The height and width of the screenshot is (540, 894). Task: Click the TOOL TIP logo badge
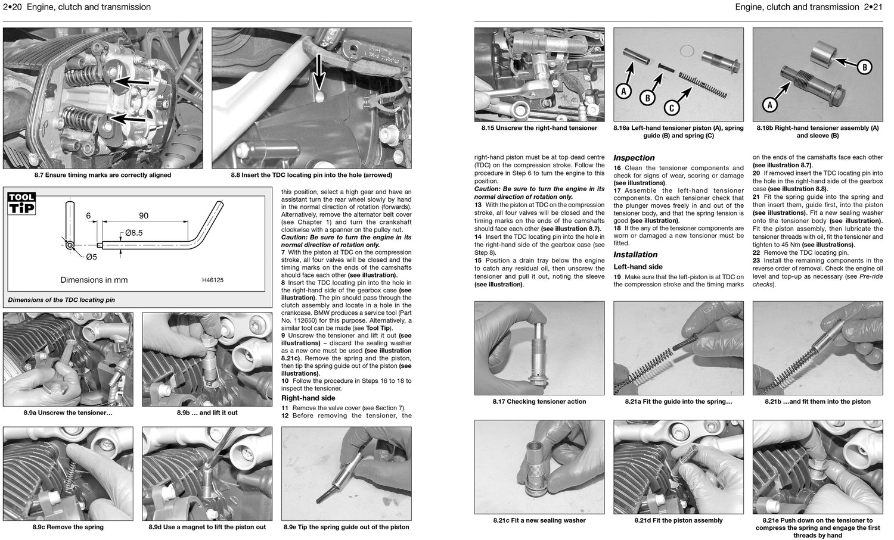click(22, 203)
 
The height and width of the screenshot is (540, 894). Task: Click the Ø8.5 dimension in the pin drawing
click(134, 233)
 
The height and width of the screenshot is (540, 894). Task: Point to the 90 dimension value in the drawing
click(144, 216)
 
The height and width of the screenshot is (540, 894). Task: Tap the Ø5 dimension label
click(90, 257)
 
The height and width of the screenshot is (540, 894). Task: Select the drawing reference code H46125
click(209, 280)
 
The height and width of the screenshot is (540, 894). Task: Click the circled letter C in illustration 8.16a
click(672, 107)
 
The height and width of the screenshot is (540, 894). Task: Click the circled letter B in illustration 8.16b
click(864, 67)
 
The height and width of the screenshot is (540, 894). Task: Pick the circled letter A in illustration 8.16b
click(769, 105)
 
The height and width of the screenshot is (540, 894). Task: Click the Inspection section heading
click(634, 158)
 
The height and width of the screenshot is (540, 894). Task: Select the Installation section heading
click(635, 255)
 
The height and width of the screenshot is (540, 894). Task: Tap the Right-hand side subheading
click(308, 398)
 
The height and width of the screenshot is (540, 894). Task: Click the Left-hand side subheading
click(638, 267)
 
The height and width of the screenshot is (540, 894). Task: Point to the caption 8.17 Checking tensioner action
click(539, 401)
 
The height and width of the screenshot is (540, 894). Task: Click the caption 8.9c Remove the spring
click(69, 527)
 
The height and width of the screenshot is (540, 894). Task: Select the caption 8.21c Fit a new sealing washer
click(539, 520)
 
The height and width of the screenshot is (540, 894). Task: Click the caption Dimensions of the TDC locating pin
click(61, 300)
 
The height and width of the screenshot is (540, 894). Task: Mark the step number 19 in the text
click(618, 277)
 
